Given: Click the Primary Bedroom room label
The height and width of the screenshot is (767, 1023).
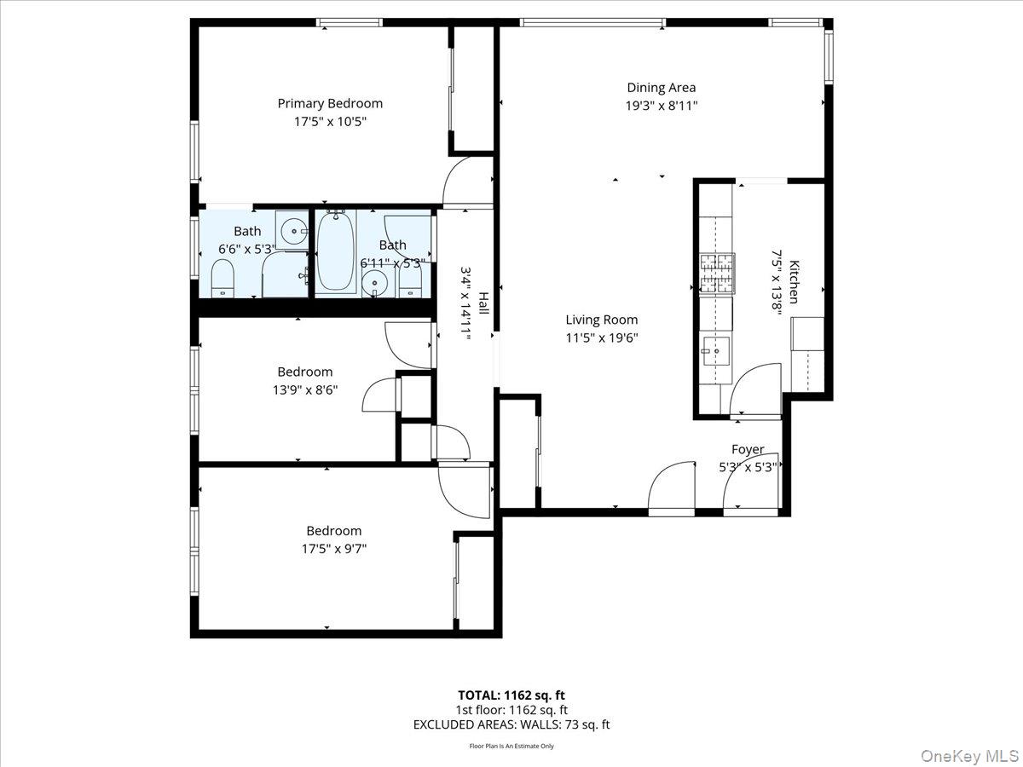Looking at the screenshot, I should (x=330, y=103).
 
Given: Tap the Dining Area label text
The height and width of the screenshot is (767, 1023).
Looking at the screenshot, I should (x=661, y=87).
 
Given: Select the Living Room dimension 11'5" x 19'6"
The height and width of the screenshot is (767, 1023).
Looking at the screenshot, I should (x=602, y=337).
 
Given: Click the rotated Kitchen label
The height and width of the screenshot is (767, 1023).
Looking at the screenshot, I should (x=794, y=282).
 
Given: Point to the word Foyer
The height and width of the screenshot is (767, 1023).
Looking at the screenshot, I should (x=748, y=449).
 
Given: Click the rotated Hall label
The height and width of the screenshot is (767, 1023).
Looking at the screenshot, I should (x=483, y=303).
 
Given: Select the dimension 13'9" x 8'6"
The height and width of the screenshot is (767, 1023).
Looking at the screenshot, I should (x=304, y=390).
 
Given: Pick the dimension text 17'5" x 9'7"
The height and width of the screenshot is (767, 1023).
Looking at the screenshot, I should (x=333, y=549).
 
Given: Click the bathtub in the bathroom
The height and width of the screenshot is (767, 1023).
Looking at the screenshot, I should (x=336, y=252).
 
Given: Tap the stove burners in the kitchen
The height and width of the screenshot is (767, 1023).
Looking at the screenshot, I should (x=717, y=273).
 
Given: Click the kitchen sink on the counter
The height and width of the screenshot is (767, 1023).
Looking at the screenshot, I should (x=716, y=349).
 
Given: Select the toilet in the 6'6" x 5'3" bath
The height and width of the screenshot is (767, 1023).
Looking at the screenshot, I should (x=223, y=278).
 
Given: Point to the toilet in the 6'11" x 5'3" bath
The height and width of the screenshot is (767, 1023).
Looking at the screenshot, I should (x=411, y=280).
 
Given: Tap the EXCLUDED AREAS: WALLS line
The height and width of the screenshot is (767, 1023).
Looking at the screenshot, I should (x=511, y=724).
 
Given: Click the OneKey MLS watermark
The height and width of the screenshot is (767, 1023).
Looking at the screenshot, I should (x=978, y=756).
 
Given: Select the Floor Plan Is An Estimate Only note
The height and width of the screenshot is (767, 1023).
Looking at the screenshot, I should (x=511, y=746).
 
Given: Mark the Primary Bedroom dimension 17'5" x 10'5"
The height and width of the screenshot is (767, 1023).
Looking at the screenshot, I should (x=330, y=122).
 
